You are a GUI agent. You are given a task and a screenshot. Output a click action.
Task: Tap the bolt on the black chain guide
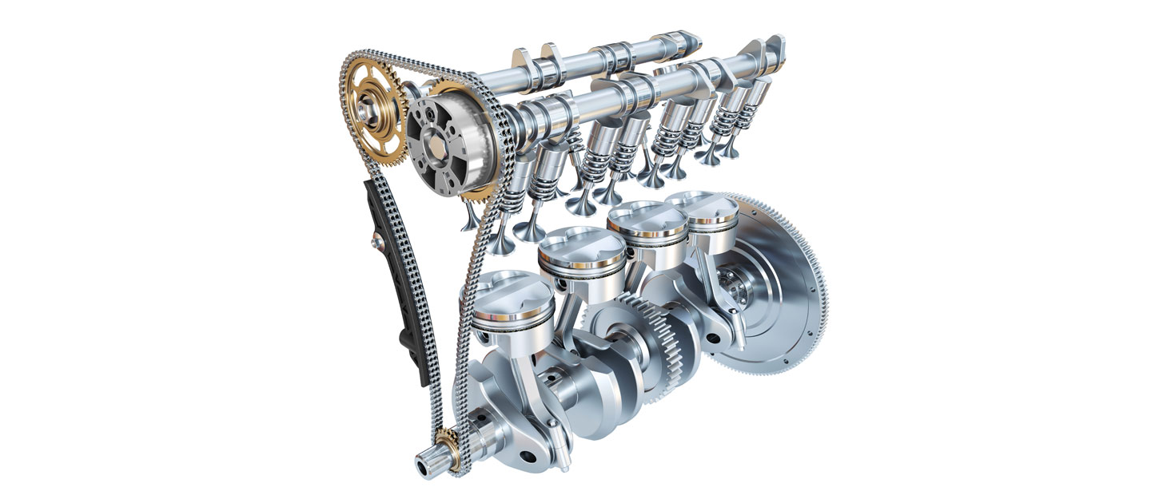(x=375, y=239)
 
